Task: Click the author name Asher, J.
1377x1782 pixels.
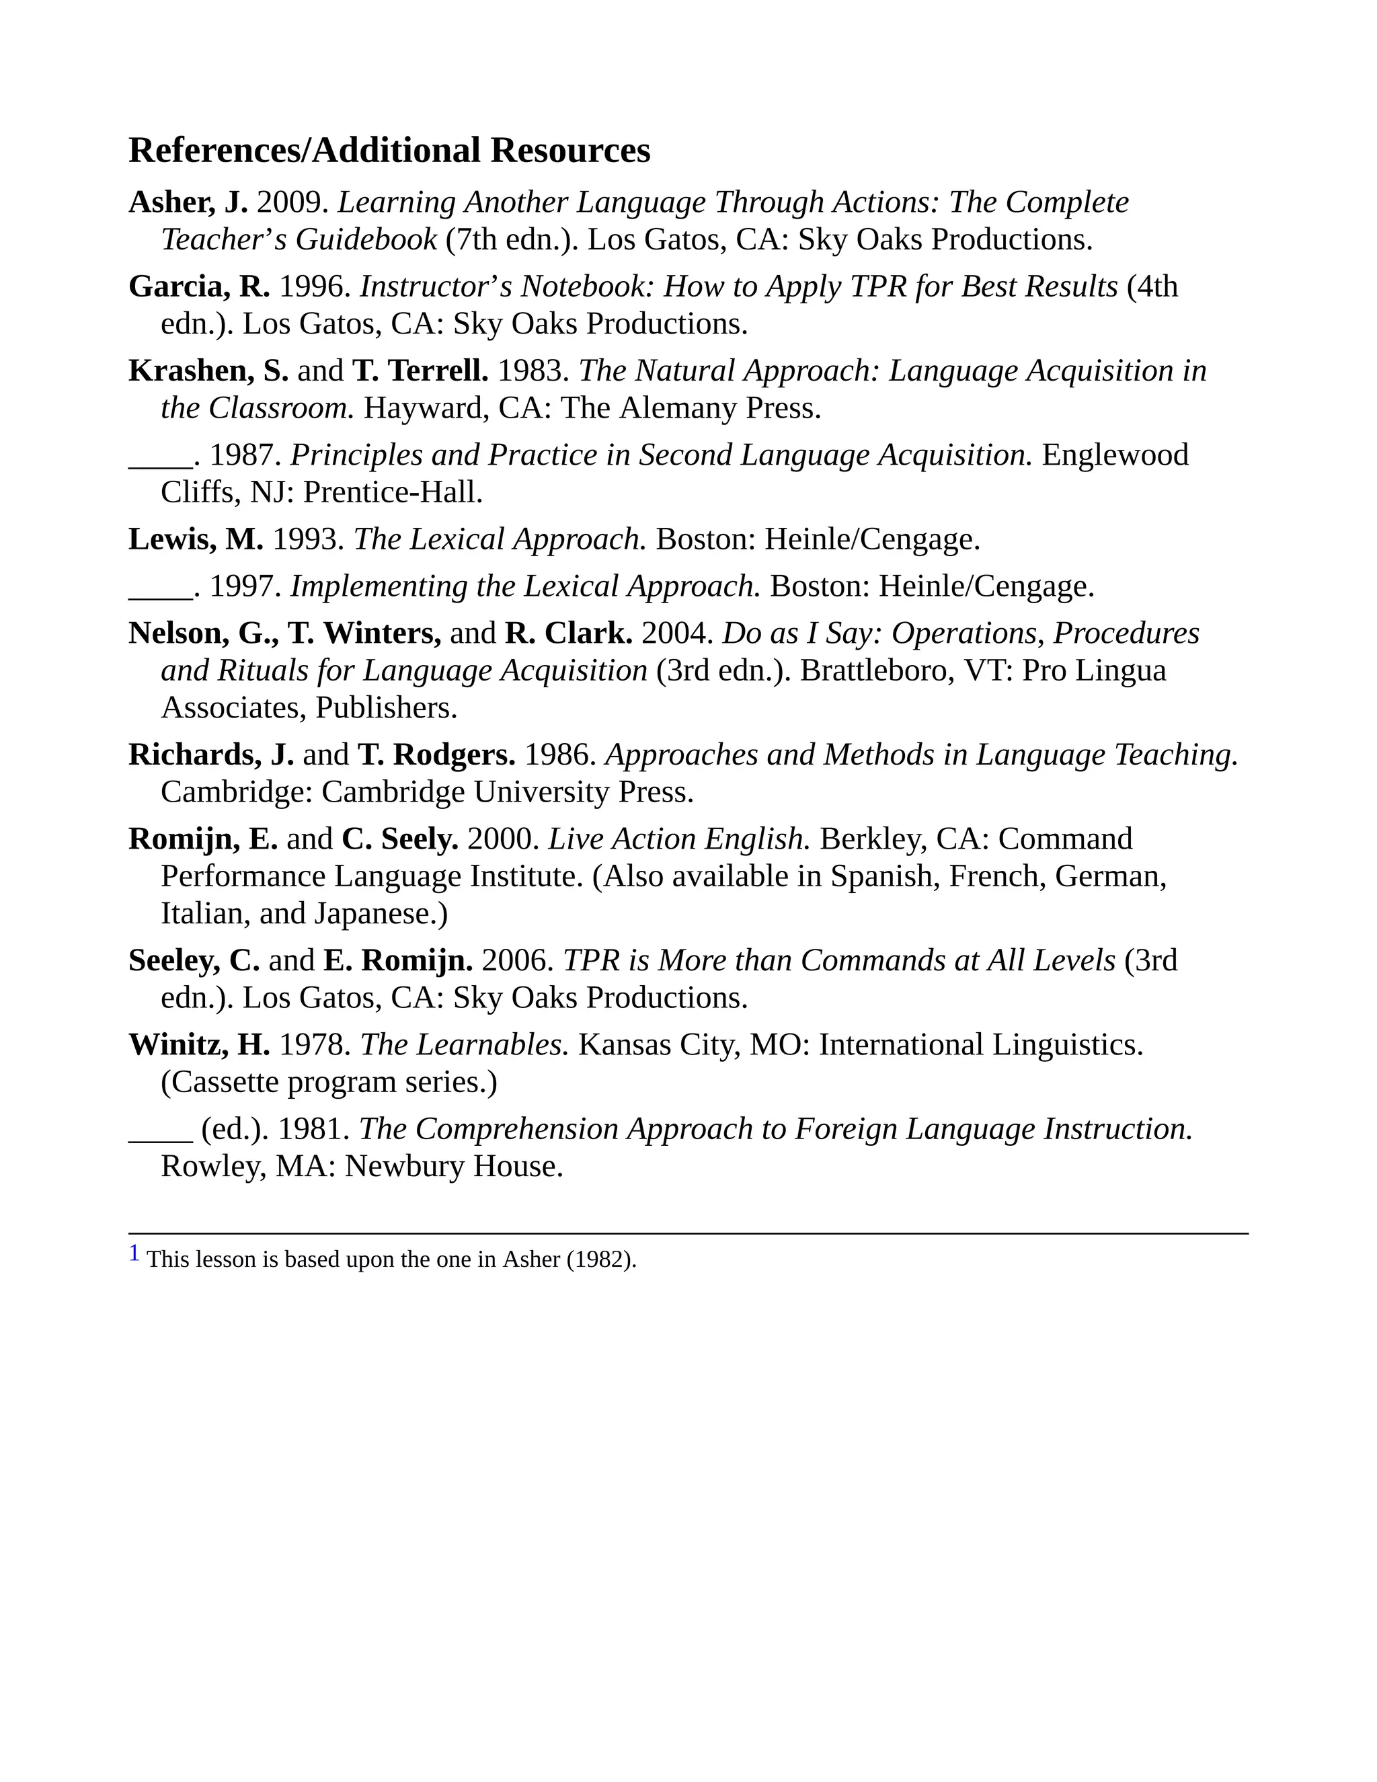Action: coord(188,202)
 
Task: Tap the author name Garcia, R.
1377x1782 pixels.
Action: coord(199,286)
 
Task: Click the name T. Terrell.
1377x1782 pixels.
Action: coord(420,371)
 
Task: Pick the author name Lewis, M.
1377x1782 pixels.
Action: coord(196,539)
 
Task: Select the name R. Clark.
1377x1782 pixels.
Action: coord(569,633)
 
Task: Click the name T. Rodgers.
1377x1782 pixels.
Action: coord(436,754)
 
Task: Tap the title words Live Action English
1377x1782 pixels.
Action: coord(678,839)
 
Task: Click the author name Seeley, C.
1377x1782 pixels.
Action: coord(194,960)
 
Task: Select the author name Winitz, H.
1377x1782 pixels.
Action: coord(199,1044)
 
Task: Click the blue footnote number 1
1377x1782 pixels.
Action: coord(134,1253)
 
